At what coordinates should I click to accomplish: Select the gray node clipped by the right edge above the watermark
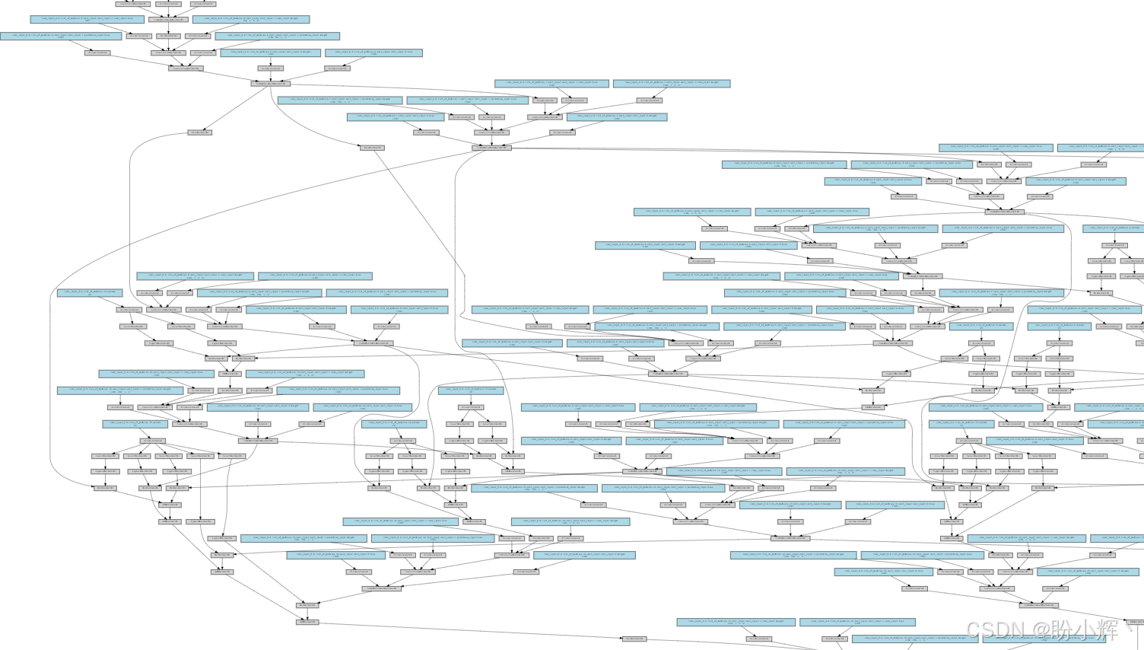1136,622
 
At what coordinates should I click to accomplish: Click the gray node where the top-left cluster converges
270,83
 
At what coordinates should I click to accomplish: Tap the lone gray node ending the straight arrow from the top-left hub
200,132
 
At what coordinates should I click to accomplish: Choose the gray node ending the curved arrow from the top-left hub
372,148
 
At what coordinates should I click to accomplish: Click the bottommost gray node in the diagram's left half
307,622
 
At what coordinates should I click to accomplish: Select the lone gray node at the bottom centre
634,639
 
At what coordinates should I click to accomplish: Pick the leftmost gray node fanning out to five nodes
152,441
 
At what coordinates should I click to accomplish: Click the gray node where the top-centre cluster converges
491,148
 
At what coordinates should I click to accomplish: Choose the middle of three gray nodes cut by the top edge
167,4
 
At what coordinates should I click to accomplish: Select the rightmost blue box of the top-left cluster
373,53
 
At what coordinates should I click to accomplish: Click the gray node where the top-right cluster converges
1003,212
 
